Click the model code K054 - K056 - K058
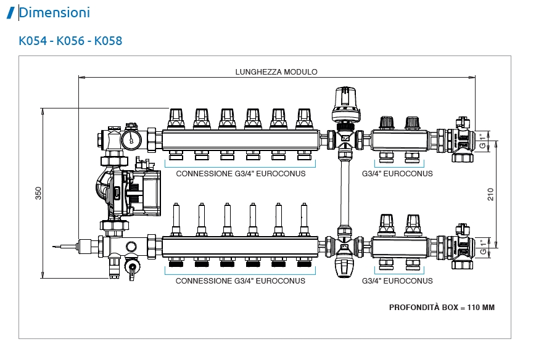click(x=70, y=41)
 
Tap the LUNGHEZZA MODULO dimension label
click(x=276, y=72)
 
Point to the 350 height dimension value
click(x=38, y=193)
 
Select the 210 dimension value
click(x=491, y=194)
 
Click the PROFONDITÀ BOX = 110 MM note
click(x=442, y=307)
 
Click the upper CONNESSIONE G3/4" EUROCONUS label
click(x=241, y=174)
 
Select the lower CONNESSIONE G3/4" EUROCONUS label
click(x=241, y=281)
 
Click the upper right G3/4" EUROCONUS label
click(x=397, y=174)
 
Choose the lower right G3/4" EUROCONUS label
click(x=397, y=281)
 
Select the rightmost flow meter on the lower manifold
click(x=303, y=218)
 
